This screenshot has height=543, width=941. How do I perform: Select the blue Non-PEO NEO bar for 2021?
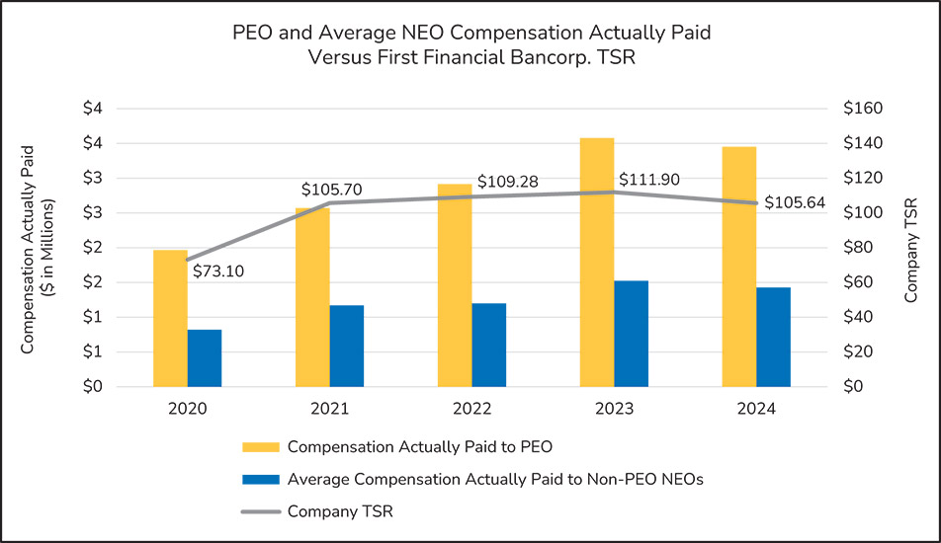pos(346,346)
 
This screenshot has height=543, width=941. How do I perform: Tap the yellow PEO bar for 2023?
pos(597,262)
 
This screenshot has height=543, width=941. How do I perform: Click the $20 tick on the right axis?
pos(860,351)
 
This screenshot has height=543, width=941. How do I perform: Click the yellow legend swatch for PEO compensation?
pos(261,446)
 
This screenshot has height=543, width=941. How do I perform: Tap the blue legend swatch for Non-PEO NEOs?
pos(261,480)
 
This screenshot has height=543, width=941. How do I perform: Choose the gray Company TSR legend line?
pos(261,511)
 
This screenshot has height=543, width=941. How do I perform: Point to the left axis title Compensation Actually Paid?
pos(28,248)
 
